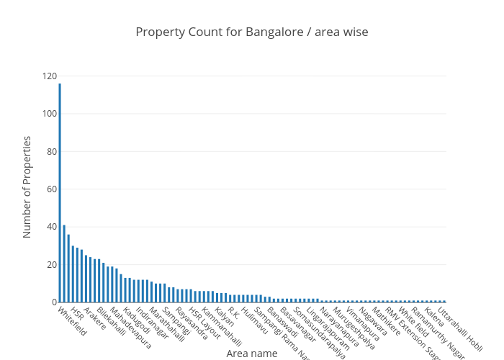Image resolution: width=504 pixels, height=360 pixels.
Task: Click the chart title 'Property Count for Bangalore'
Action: click(251, 32)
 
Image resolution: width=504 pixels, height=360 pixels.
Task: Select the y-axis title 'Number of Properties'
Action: click(27, 186)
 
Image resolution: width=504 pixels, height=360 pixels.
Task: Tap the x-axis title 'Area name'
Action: click(251, 354)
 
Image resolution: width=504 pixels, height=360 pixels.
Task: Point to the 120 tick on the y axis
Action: click(50, 76)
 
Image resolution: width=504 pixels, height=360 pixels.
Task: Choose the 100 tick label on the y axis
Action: click(50, 114)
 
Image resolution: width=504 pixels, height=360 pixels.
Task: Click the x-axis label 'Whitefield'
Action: click(71, 322)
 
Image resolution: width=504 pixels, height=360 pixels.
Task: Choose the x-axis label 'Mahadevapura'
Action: click(130, 328)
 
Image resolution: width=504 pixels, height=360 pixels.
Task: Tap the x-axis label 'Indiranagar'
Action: click(152, 325)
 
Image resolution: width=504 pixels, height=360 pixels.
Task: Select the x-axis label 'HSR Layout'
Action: click(204, 323)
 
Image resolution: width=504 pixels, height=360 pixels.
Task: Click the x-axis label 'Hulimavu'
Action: click(254, 321)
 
